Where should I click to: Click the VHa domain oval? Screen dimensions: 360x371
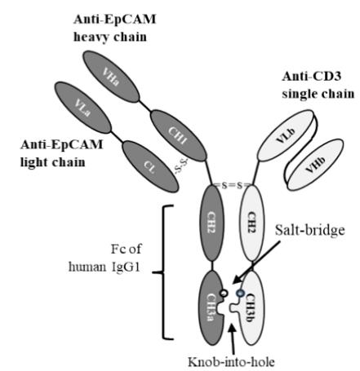111,77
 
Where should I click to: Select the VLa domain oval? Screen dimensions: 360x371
82,108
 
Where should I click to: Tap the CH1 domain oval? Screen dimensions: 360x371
178,135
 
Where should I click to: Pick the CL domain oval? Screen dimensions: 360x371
150,166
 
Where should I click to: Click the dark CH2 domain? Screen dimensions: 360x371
212,223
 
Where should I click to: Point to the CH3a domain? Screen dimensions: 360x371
212,307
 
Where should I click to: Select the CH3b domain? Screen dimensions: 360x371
250,307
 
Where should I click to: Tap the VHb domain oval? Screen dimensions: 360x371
315,165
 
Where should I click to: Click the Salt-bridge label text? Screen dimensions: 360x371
309,230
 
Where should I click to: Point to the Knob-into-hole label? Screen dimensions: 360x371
231,362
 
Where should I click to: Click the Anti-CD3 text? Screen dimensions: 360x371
312,76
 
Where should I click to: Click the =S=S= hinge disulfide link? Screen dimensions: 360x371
232,186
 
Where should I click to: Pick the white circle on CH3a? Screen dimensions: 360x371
224,293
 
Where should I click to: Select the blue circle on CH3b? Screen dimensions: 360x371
240,293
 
